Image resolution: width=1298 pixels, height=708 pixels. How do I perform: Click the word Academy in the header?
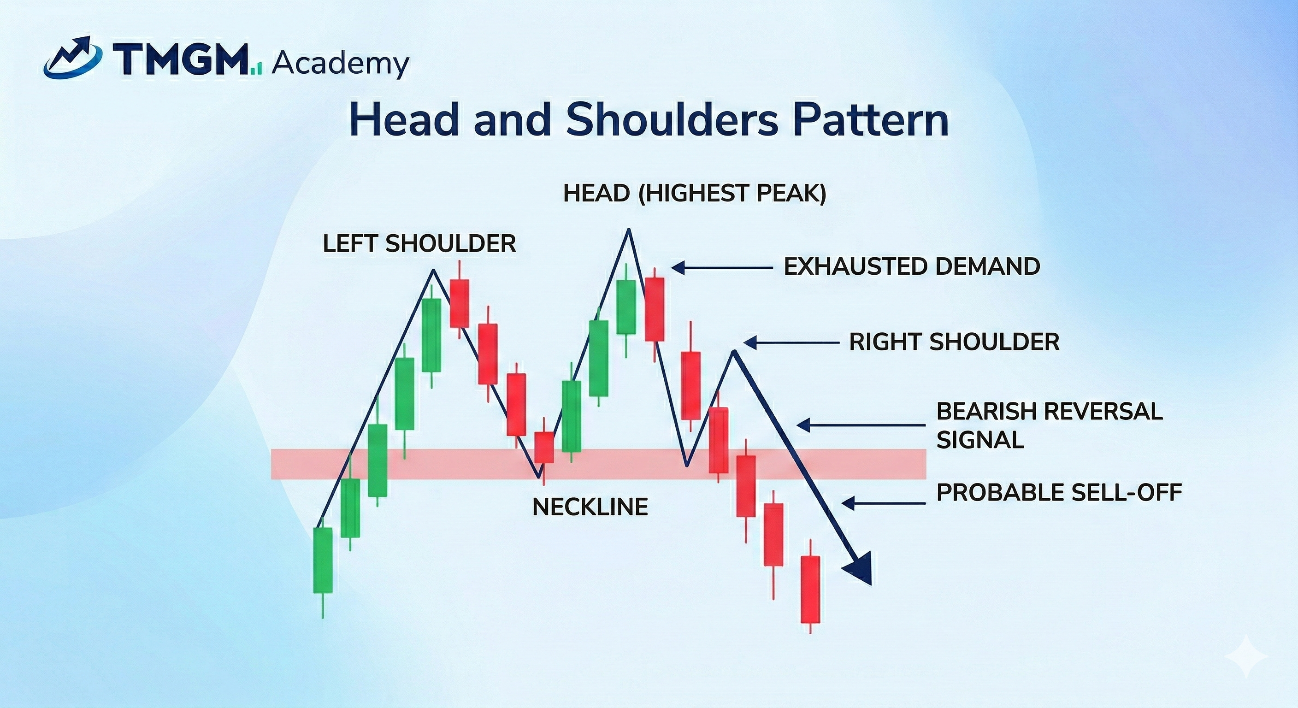(x=340, y=64)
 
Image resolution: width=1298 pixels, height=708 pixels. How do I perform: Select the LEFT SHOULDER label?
(x=419, y=244)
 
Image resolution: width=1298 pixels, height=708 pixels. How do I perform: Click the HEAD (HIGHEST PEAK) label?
(x=694, y=194)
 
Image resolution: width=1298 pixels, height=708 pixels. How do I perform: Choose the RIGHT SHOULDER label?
(x=954, y=342)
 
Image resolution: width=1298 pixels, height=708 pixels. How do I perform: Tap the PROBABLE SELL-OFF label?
(x=1059, y=492)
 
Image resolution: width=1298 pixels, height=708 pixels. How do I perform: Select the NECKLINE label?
(x=590, y=507)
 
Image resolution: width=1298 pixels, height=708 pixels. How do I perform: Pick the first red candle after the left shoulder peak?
(x=460, y=303)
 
